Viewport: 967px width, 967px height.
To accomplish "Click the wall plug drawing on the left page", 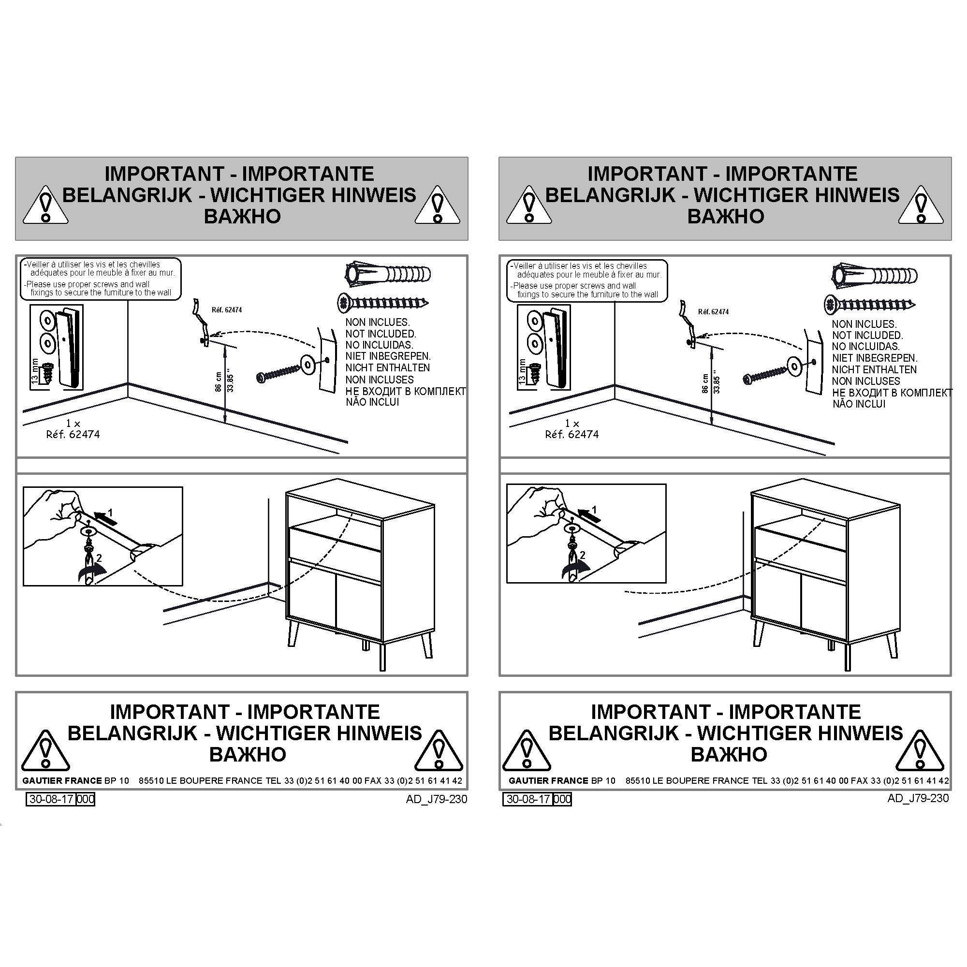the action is click(x=388, y=274).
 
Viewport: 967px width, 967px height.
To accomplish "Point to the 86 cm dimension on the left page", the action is click(x=218, y=381).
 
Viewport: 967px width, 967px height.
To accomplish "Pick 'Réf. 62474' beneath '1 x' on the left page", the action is click(x=73, y=435).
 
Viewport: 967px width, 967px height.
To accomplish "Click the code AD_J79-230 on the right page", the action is click(x=918, y=798).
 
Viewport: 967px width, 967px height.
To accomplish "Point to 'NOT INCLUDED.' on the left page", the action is click(x=381, y=334).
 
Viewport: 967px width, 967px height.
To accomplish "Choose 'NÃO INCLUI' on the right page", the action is click(x=859, y=404).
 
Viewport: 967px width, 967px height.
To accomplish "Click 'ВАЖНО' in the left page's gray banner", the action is click(x=242, y=216).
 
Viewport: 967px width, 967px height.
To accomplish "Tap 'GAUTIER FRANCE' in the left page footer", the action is click(x=62, y=780).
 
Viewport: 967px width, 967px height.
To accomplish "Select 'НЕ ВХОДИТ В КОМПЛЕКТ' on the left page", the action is click(x=406, y=391).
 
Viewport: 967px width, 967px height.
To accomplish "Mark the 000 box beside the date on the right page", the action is click(x=563, y=799).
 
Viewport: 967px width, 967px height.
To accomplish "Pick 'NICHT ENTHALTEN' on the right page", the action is click(x=874, y=370).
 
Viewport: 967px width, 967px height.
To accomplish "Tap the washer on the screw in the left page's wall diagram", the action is click(x=307, y=365).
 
